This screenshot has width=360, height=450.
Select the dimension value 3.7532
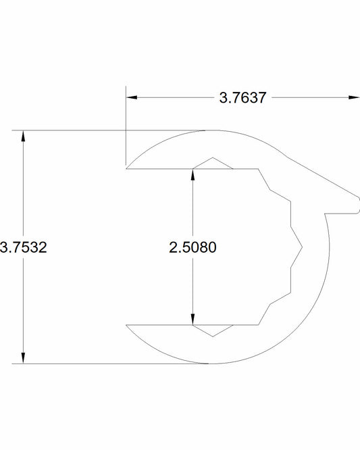tap(24, 247)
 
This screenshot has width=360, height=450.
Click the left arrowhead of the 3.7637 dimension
tap(131, 98)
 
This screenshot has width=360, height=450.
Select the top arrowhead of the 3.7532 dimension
tap(24, 134)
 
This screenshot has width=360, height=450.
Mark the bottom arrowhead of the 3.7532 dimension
tap(24, 359)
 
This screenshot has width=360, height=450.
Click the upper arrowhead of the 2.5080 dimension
tap(194, 172)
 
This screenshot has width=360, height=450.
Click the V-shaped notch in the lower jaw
tap(213, 334)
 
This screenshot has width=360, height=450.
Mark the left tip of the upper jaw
tap(127, 168)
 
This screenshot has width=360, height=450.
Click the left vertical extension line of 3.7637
tap(125, 128)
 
